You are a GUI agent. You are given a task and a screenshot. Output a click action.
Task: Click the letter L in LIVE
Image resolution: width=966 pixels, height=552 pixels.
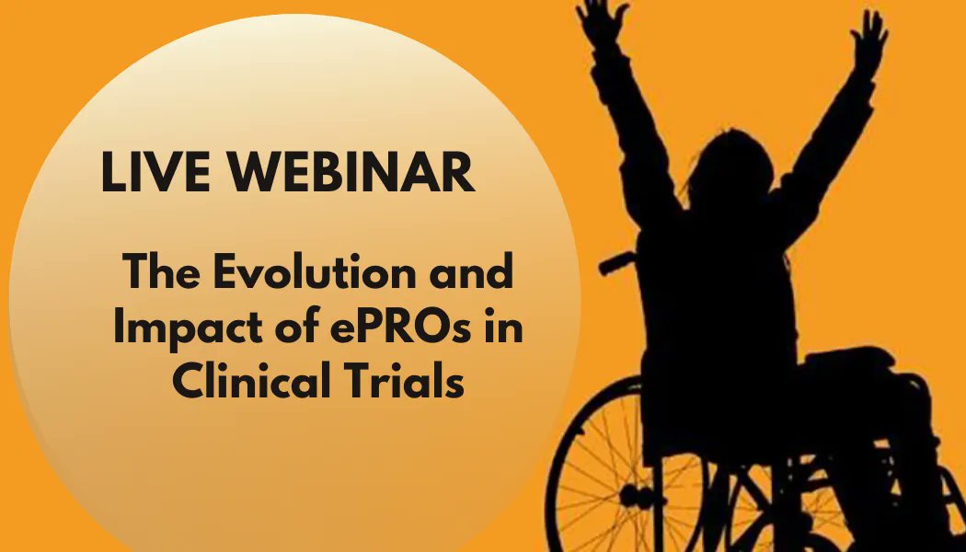[113, 172]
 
